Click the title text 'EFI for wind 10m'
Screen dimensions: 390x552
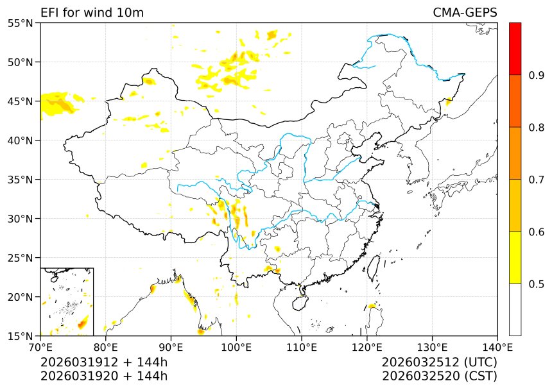click(x=92, y=13)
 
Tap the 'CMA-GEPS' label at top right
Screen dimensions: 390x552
click(x=465, y=13)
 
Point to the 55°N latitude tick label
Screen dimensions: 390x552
click(x=22, y=23)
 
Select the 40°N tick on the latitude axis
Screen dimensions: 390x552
click(x=22, y=140)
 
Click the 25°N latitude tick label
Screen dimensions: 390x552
click(x=22, y=258)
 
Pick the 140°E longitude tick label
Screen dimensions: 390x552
click(x=497, y=347)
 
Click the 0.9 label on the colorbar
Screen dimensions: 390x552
click(x=537, y=76)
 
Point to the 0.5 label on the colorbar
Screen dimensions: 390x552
click(x=537, y=284)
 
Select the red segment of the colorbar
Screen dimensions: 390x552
click(x=515, y=49)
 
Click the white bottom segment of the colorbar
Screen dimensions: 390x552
click(x=515, y=309)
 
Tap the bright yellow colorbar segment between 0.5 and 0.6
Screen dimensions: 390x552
click(x=515, y=257)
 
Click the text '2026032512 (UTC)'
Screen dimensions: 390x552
click(x=439, y=362)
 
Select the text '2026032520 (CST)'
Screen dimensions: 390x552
click(x=439, y=376)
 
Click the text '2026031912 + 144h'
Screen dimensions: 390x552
click(x=104, y=362)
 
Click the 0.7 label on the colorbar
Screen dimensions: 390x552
click(x=537, y=180)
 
